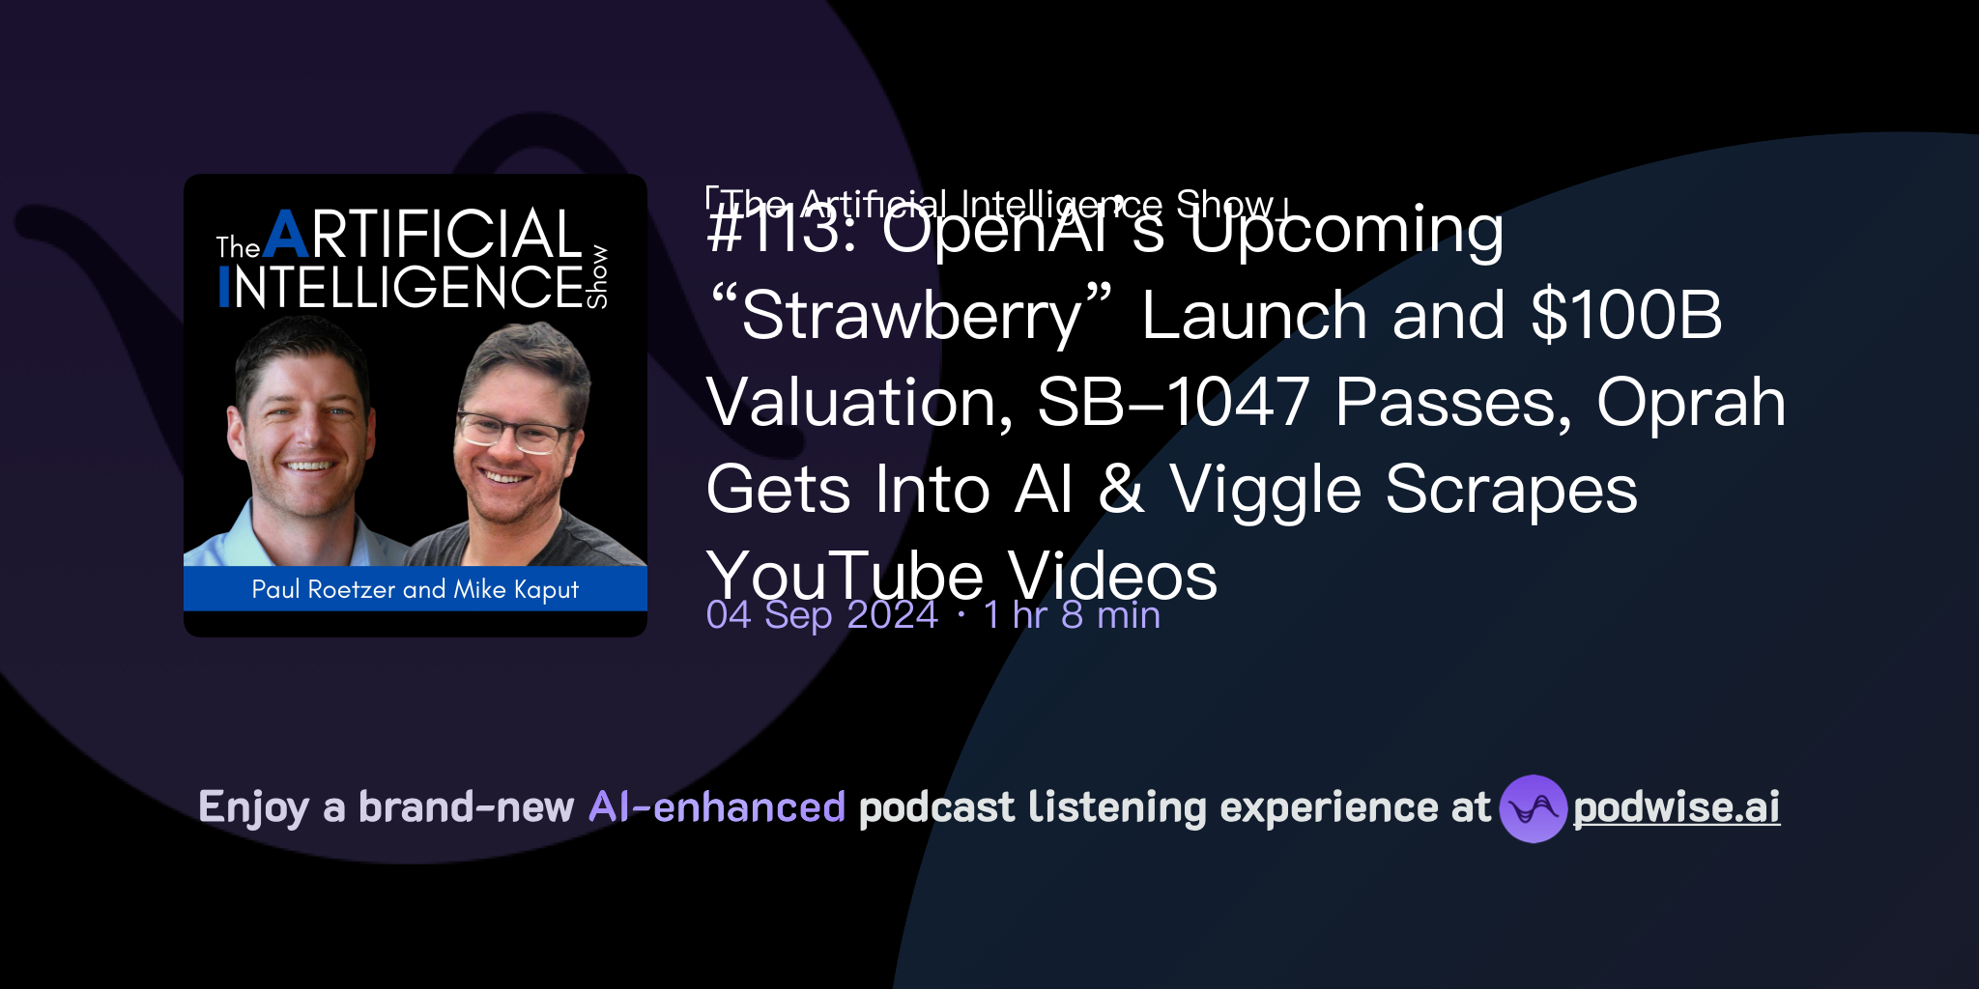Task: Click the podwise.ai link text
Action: [x=1676, y=808]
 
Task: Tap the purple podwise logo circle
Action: [x=1533, y=808]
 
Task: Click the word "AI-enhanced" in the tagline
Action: [x=717, y=807]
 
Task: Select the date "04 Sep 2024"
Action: [x=821, y=615]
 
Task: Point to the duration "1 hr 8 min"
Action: [x=1071, y=615]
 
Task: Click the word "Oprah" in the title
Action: [x=1690, y=402]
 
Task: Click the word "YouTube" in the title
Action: [x=845, y=577]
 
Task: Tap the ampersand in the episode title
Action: [x=1121, y=490]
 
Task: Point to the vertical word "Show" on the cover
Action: [x=598, y=276]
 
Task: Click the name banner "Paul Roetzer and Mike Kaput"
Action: [x=415, y=589]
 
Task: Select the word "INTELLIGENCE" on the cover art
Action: [x=401, y=288]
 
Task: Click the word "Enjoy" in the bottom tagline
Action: [x=253, y=808]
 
